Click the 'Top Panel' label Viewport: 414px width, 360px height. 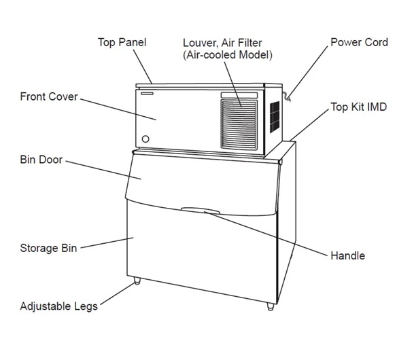click(x=122, y=43)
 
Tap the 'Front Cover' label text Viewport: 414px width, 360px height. click(x=48, y=97)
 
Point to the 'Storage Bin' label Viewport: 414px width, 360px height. click(x=48, y=247)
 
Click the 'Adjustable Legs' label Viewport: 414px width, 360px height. click(x=58, y=306)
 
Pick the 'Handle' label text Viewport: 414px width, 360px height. click(x=347, y=256)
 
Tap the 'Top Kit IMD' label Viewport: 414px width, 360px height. click(x=358, y=107)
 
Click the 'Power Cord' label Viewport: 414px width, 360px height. click(x=359, y=43)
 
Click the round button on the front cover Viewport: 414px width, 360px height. click(x=145, y=140)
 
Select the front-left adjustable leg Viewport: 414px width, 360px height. click(x=137, y=281)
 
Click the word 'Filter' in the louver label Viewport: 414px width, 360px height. click(x=255, y=43)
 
